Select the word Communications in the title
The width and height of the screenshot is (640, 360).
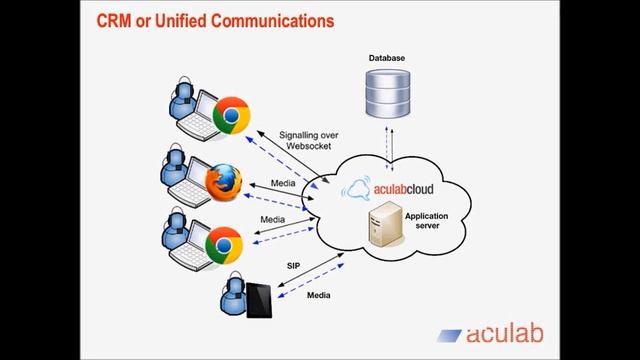pos(273,20)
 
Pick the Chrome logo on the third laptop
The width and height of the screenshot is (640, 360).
pos(224,243)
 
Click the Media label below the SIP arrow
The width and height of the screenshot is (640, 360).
pos(319,297)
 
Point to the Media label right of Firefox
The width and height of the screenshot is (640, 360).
pos(284,184)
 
